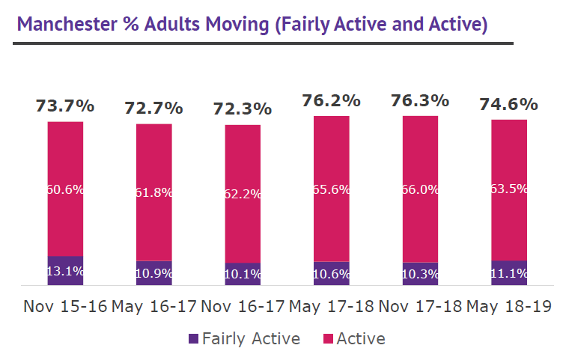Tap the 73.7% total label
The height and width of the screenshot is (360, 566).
point(65,106)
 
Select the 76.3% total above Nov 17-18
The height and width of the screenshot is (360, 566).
point(420,100)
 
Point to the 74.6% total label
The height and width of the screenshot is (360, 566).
point(509,104)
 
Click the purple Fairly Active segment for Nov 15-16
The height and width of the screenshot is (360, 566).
point(65,271)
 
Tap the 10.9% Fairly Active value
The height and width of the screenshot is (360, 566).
point(154,274)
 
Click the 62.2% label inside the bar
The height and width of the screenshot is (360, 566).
point(243,194)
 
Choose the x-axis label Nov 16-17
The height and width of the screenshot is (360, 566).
point(243,306)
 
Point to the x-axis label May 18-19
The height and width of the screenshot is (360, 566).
point(509,306)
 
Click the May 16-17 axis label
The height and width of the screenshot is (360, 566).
point(154,306)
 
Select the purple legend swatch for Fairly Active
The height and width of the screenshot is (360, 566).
point(194,339)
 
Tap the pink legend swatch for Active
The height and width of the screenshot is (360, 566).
point(326,339)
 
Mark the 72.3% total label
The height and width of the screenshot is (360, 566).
point(243,109)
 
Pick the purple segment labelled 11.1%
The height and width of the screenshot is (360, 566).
point(509,273)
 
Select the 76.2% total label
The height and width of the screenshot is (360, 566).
point(332,100)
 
